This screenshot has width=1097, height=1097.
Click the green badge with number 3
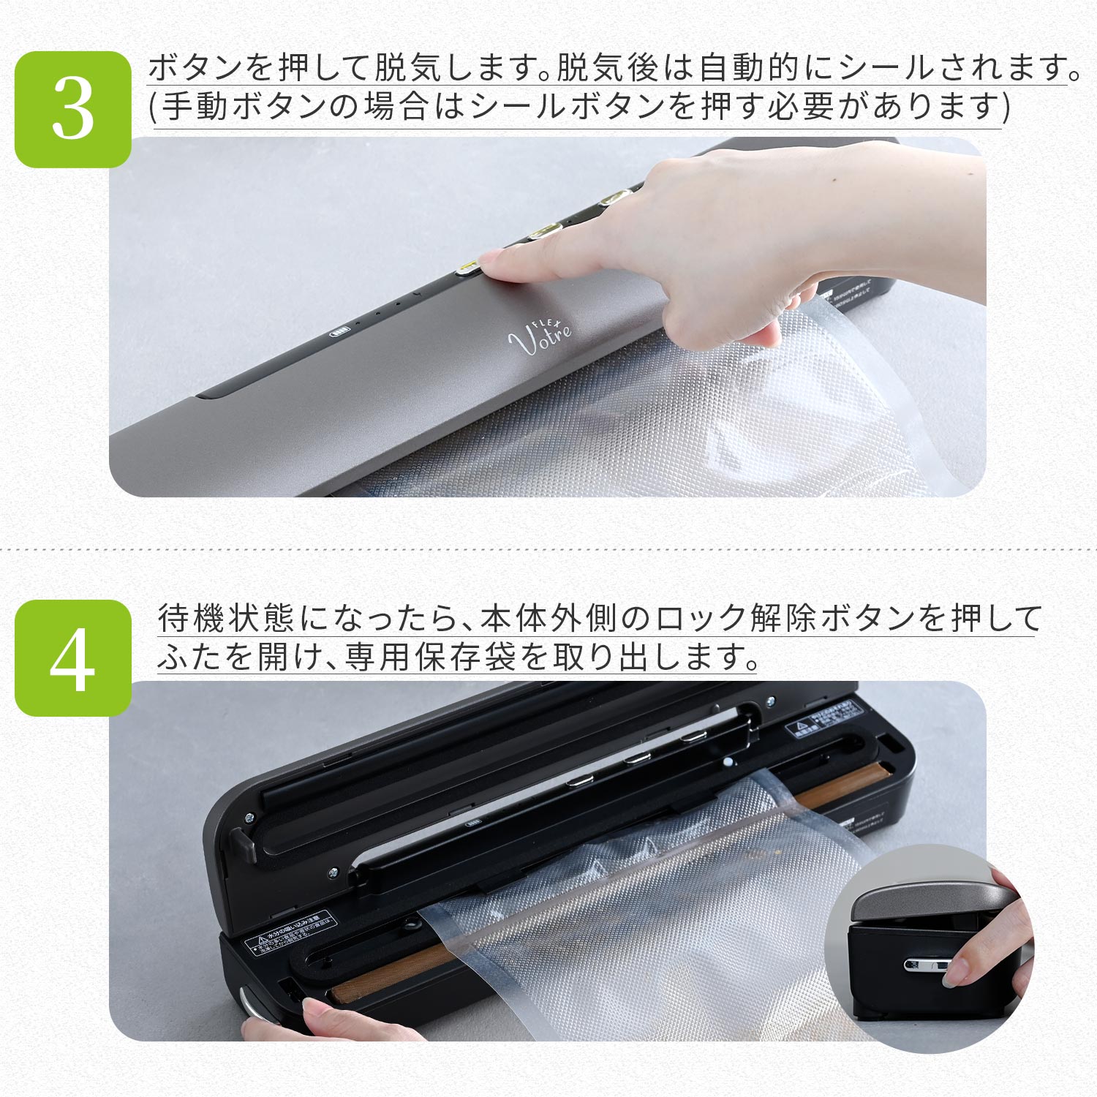tap(73, 110)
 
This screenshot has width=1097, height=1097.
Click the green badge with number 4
tap(73, 658)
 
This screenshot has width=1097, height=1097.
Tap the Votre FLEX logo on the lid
tap(541, 336)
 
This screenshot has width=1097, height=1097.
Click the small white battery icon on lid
tap(340, 331)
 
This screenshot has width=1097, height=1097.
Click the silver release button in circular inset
tap(925, 965)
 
